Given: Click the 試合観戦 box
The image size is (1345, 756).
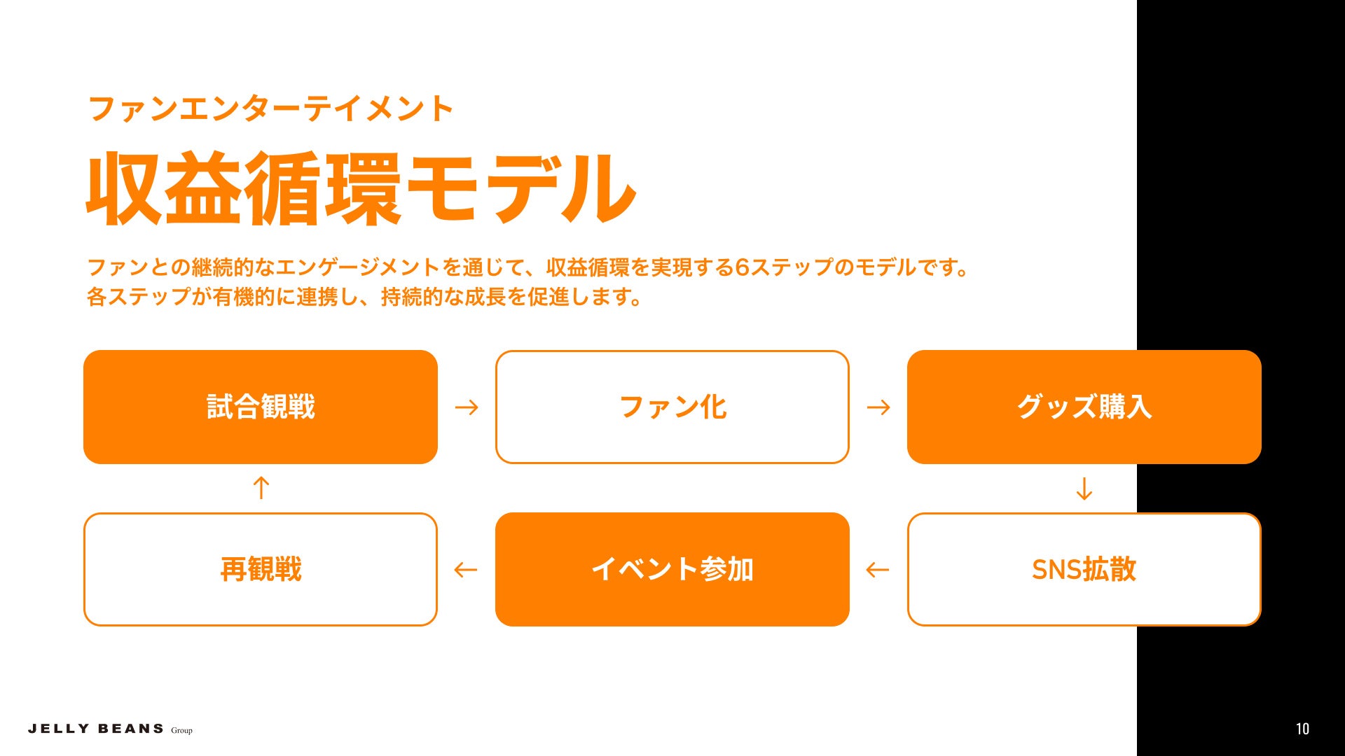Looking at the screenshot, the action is pos(261,407).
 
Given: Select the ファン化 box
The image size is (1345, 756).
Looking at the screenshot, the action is pos(672,407).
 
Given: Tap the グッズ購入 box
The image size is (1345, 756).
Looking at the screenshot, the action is pos(1084,407).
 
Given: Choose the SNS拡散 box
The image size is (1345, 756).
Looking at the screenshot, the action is pos(1084,569).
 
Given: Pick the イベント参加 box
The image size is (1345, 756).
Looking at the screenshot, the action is pos(672,569).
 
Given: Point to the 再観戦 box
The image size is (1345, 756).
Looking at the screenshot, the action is pos(261,569).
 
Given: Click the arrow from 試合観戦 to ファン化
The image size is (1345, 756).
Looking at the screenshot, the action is pos(467,407).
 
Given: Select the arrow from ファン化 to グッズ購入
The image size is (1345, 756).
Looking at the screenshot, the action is pos(878,407).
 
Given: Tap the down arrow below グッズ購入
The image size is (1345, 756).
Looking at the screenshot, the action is pos(1084,489).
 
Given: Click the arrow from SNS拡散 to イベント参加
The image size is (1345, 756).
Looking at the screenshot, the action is pos(878,570).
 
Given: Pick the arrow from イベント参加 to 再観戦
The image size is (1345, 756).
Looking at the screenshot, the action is pos(466,570).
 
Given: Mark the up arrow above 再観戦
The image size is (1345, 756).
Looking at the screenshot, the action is pos(261,488).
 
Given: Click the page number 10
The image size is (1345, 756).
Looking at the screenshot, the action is pos(1302,729).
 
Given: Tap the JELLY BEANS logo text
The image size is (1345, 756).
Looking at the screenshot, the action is pos(96,729).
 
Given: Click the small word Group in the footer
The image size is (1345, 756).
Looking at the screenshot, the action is pos(181,730).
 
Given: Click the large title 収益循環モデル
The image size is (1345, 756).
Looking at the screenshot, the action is pos(361,189).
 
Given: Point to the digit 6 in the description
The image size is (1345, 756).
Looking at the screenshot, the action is pos(743,267).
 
